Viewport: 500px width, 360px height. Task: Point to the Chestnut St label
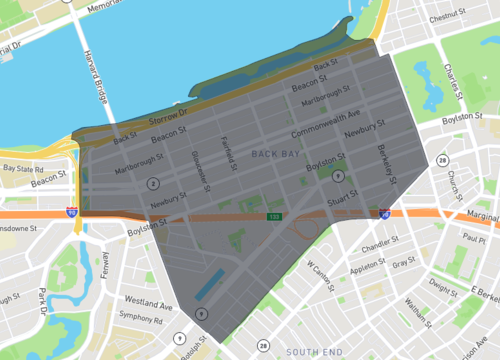pyautogui.click(x=448, y=17)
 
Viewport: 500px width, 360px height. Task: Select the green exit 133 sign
pyautogui.click(x=273, y=216)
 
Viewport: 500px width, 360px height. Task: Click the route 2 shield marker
pyautogui.click(x=152, y=183)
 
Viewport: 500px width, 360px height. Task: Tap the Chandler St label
pyautogui.click(x=379, y=244)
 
